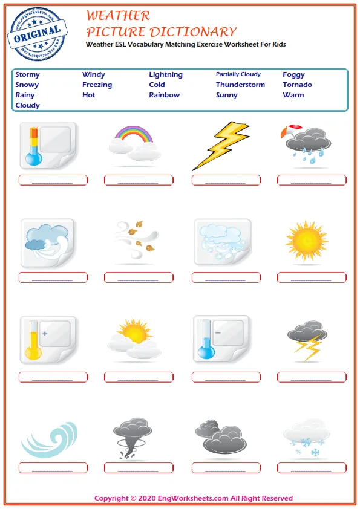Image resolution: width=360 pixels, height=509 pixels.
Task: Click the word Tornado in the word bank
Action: [297, 85]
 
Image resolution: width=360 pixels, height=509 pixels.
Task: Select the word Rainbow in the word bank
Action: [164, 96]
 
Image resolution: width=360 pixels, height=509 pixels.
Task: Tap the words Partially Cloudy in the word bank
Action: [238, 74]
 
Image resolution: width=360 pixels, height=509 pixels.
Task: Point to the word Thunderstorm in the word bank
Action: [240, 85]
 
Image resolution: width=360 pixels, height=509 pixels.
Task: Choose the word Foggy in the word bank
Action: [293, 75]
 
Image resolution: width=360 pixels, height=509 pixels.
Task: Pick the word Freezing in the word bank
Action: [97, 85]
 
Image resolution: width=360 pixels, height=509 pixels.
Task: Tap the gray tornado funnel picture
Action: [131, 436]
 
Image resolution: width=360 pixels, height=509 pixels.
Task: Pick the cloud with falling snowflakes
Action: [307, 436]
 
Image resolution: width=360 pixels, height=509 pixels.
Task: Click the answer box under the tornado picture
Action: [139, 468]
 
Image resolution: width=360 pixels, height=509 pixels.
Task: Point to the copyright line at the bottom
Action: [194, 499]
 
